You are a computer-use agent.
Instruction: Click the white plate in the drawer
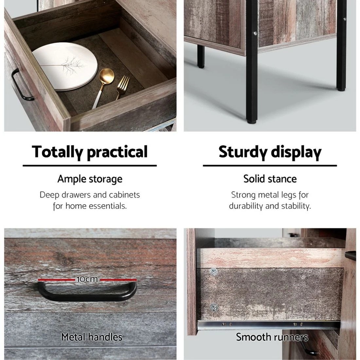coord(65,66)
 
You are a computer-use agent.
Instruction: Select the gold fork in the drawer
coord(122,87)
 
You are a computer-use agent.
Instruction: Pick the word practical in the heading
coord(117,152)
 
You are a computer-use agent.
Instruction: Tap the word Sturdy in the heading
coord(243,152)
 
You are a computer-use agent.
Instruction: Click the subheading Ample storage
coord(90,179)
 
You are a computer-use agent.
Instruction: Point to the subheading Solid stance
coord(270,179)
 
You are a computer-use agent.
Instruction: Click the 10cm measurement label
coord(87,279)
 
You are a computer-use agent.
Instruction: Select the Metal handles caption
coord(92,337)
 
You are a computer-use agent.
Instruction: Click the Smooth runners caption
coord(272,337)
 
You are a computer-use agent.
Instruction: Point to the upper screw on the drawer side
coord(214,272)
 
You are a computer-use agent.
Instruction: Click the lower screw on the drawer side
coord(214,307)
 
